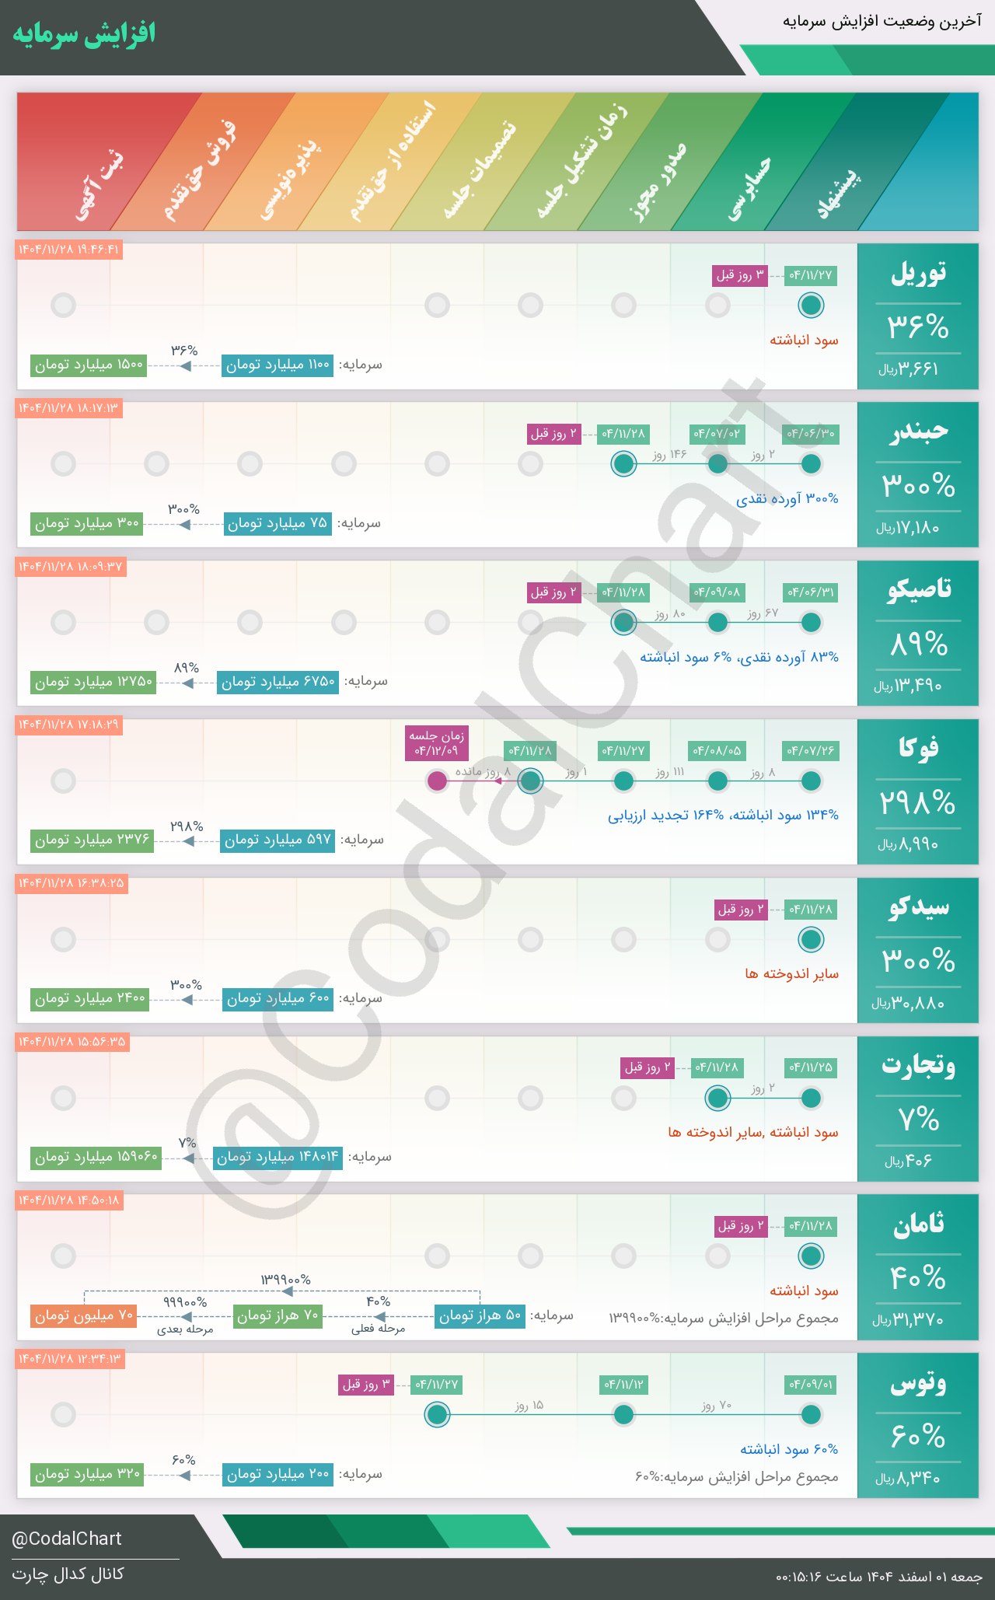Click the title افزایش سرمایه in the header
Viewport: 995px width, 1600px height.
coord(84,34)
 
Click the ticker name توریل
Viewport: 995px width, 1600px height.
coord(918,273)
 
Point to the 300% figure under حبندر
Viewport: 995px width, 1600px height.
coord(918,486)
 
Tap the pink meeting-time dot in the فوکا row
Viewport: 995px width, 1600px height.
coord(438,781)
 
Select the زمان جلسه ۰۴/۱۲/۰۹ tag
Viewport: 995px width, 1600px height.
coord(438,743)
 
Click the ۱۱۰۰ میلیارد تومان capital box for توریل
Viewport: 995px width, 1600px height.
coord(278,365)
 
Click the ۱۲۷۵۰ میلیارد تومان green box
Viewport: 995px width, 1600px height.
coord(93,682)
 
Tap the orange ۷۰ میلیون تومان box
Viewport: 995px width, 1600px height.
coord(84,1315)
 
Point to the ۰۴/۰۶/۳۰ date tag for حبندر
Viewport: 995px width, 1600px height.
coord(811,434)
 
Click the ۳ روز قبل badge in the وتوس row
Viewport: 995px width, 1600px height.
coord(366,1385)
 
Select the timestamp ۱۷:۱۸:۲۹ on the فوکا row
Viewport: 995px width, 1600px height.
coord(69,725)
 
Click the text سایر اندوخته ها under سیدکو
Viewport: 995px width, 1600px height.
coord(791,973)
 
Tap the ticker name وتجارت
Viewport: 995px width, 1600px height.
coord(918,1065)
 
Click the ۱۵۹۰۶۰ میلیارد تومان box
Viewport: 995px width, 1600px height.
coord(96,1157)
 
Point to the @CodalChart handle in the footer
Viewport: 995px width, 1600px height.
coord(67,1539)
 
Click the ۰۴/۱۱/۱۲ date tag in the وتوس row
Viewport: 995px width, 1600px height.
coord(624,1385)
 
